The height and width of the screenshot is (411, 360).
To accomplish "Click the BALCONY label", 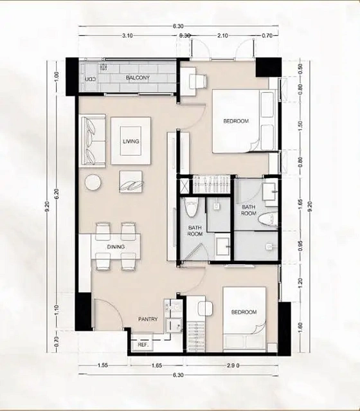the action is click(138, 78).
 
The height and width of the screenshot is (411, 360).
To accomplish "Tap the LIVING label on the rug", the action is click(130, 142).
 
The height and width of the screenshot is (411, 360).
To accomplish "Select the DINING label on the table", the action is click(116, 247).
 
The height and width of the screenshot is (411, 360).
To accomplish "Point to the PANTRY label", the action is click(148, 319).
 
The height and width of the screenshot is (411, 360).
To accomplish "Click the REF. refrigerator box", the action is click(143, 344).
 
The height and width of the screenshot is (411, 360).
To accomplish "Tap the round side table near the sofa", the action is click(93, 182).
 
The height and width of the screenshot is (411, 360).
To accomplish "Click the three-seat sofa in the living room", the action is click(94, 140).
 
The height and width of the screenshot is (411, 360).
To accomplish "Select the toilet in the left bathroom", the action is click(192, 208).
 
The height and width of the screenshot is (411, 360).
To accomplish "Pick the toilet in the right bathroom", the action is click(267, 219).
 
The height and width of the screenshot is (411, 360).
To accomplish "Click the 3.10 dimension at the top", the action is click(127, 35).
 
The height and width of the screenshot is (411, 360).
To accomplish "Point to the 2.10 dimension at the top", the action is click(222, 35).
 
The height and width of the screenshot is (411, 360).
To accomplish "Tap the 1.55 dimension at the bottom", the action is click(102, 365).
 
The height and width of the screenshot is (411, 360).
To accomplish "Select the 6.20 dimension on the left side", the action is click(57, 194).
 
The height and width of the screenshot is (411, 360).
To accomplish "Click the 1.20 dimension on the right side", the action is click(300, 282).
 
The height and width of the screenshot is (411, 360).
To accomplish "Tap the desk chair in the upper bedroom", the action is click(198, 79).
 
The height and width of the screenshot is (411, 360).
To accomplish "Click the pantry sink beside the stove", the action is click(174, 325).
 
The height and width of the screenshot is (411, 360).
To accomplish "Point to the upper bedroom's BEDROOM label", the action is click(236, 121).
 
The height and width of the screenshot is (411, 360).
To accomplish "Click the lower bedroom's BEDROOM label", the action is click(244, 312).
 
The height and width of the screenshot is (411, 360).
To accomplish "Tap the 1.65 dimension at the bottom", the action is click(157, 365).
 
